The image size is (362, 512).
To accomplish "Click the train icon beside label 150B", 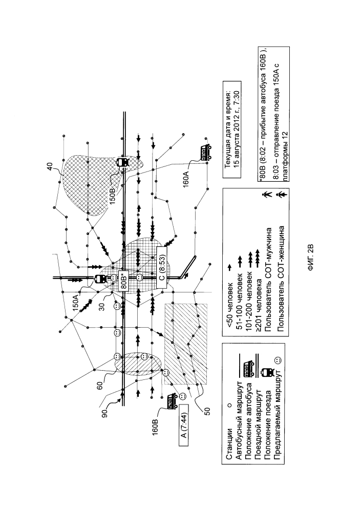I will (x=123, y=162).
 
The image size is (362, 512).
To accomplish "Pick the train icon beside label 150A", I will (x=100, y=280).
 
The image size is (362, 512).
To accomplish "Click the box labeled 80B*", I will (x=123, y=279).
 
